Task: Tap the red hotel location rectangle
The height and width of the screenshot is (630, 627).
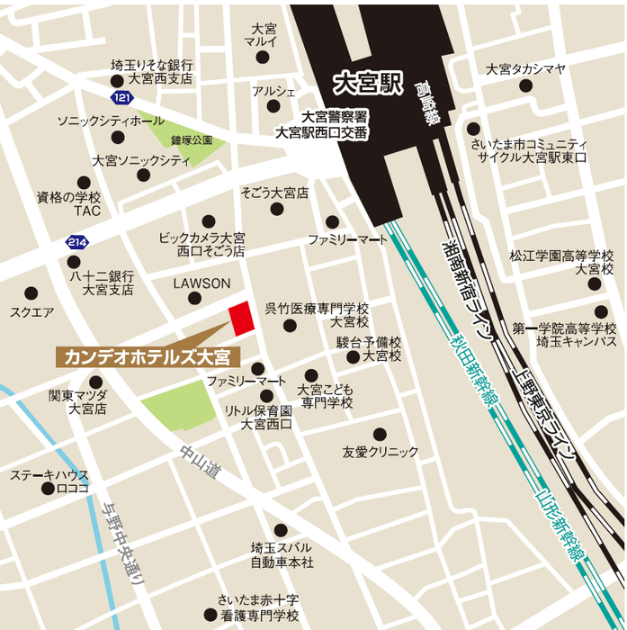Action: click(239, 319)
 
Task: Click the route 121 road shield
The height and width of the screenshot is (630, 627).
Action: click(121, 96)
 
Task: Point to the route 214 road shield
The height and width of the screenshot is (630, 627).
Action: click(77, 241)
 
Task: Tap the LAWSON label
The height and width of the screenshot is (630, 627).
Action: click(202, 283)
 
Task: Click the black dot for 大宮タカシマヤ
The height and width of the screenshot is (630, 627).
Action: click(525, 87)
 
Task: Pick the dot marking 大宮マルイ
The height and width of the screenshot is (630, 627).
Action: click(263, 58)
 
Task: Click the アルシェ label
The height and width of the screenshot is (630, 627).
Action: click(273, 91)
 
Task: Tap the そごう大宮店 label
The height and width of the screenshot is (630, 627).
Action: click(274, 193)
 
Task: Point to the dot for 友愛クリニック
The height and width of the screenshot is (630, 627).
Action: click(380, 434)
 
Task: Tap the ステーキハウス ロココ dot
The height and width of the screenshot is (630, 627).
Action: click(49, 489)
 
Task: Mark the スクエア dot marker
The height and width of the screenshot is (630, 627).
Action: click(31, 293)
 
